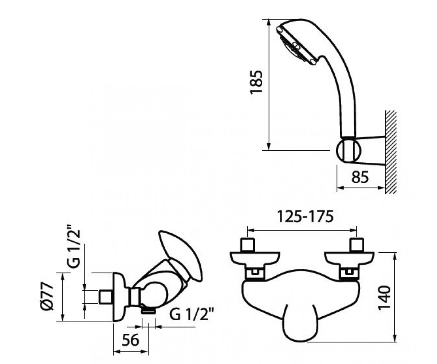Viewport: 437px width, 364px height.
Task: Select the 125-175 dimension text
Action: click(x=306, y=217)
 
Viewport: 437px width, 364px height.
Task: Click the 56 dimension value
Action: click(x=130, y=346)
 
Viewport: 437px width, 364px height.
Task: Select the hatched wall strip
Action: click(x=391, y=152)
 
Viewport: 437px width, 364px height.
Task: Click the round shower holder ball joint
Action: click(x=349, y=151)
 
